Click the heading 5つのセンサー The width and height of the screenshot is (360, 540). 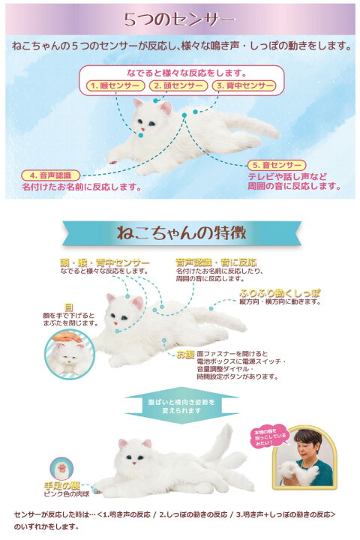(x=180, y=19)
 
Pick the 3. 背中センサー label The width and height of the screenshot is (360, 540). (x=243, y=85)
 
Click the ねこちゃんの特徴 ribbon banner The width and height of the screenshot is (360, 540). (x=181, y=232)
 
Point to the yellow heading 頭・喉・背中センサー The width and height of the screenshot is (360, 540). (x=100, y=262)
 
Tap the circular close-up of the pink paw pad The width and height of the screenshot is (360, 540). (x=61, y=467)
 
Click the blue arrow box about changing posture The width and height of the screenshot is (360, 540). (x=181, y=406)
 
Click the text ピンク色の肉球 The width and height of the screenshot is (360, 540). (x=66, y=495)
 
